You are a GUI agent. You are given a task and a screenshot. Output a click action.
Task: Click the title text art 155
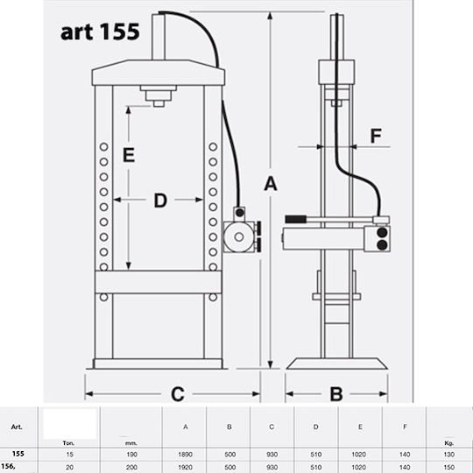(x=100, y=32)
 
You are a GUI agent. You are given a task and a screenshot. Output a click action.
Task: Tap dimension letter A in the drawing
(x=271, y=184)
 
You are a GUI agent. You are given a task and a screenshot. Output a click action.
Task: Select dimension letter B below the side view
(x=336, y=393)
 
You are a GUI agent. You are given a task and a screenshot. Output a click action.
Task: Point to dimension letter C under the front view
(x=177, y=393)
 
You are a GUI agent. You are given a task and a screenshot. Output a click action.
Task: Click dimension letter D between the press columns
(x=160, y=201)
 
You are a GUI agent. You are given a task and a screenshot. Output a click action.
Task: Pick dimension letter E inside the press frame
(x=129, y=155)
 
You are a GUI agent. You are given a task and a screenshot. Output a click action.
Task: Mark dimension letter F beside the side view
(x=376, y=136)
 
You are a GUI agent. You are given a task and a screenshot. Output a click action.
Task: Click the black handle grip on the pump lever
(x=296, y=219)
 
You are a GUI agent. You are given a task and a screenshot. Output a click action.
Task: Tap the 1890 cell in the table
(x=185, y=455)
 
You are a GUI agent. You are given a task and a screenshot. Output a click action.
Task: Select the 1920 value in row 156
(x=185, y=467)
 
